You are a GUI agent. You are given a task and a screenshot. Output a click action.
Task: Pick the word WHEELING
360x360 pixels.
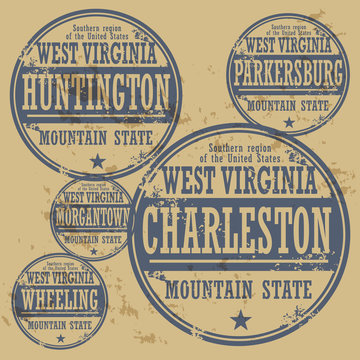(62, 299)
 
